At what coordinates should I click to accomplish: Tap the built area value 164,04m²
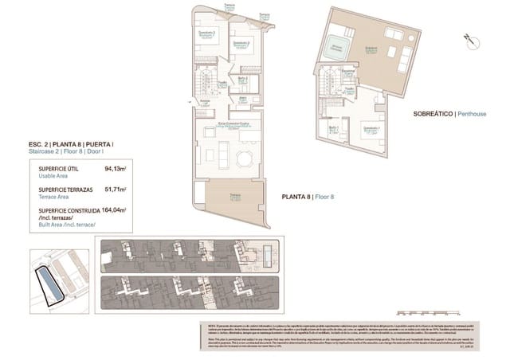tap(115, 211)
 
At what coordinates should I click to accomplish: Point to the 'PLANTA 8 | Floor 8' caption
tap(308, 196)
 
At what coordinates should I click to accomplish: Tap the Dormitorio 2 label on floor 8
tap(241, 43)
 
